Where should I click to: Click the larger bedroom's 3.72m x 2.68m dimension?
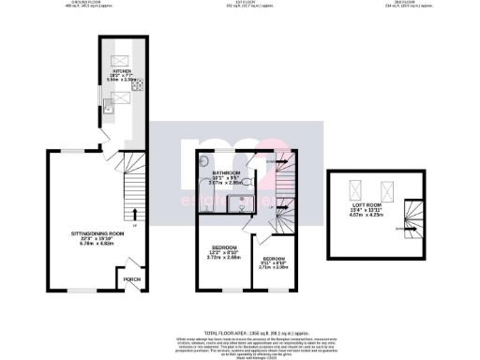point(222,257)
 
